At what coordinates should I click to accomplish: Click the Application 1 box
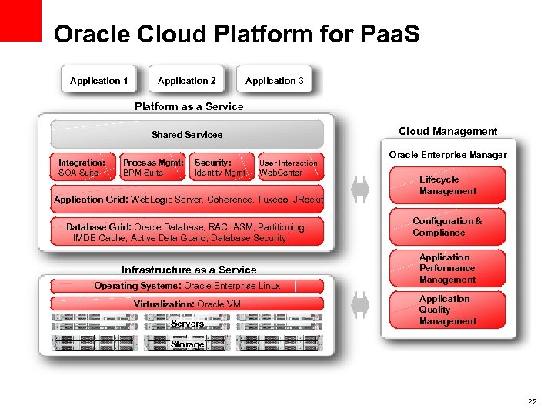pyautogui.click(x=98, y=81)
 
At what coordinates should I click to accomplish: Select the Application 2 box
pyautogui.click(x=186, y=81)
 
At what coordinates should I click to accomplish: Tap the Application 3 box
pyautogui.click(x=274, y=81)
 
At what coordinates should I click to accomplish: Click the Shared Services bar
pyautogui.click(x=187, y=134)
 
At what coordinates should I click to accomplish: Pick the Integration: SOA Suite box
pyautogui.click(x=82, y=167)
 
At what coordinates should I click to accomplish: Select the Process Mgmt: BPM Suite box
pyautogui.click(x=154, y=167)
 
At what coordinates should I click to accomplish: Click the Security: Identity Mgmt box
pyautogui.click(x=222, y=167)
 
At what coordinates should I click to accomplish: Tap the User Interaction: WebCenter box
pyautogui.click(x=290, y=167)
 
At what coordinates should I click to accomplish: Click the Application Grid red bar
pyautogui.click(x=188, y=200)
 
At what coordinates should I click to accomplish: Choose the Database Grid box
pyautogui.click(x=187, y=232)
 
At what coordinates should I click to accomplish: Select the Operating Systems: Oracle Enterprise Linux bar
pyautogui.click(x=187, y=286)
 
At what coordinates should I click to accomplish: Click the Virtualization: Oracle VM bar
pyautogui.click(x=187, y=304)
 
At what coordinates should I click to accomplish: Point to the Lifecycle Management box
pyautogui.click(x=448, y=185)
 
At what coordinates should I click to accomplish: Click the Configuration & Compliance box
pyautogui.click(x=448, y=226)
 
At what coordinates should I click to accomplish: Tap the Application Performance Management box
pyautogui.click(x=448, y=268)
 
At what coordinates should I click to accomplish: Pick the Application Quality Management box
pyautogui.click(x=448, y=310)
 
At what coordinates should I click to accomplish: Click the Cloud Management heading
pyautogui.click(x=448, y=131)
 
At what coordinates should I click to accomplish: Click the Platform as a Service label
pyautogui.click(x=189, y=106)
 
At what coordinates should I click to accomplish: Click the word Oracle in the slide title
pyautogui.click(x=92, y=34)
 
